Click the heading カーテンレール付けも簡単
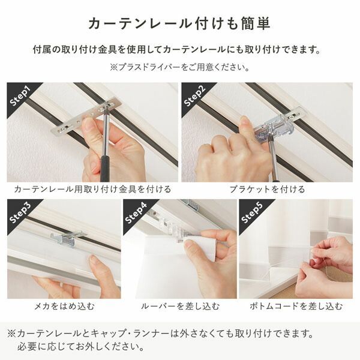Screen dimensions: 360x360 click(179, 23)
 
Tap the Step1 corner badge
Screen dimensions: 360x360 click(22, 96)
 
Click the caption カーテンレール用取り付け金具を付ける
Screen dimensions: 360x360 click(92, 189)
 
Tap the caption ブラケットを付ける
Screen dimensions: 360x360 click(267, 189)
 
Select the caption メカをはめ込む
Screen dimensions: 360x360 click(64, 307)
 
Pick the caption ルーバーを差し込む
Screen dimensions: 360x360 click(179, 307)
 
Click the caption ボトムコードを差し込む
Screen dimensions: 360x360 click(296, 307)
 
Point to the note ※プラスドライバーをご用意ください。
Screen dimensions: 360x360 click(179, 67)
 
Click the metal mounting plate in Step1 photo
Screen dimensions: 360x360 click(84, 118)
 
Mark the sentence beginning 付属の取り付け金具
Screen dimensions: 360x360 click(179, 49)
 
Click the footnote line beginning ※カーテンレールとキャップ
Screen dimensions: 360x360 click(169, 333)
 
